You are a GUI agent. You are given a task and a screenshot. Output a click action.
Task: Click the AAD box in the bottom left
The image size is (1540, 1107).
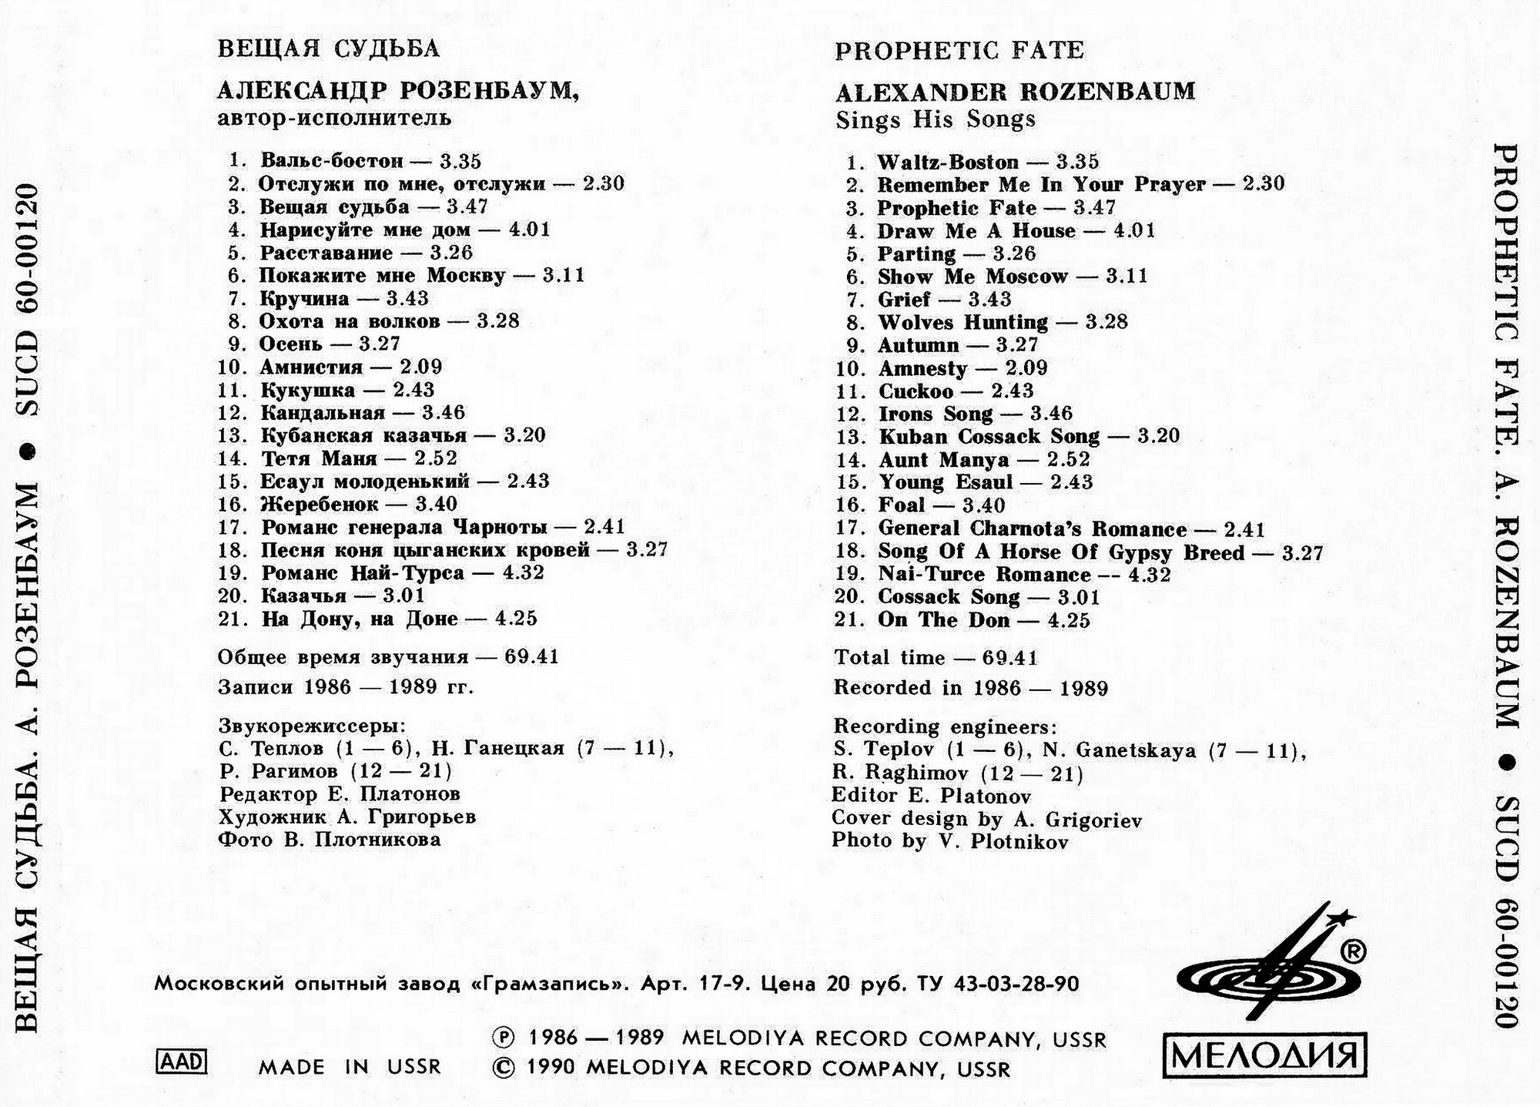[182, 1062]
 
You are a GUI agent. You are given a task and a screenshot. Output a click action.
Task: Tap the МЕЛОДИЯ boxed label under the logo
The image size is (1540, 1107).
[1264, 1055]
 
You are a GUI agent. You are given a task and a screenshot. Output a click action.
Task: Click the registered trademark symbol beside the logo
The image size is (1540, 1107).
[1353, 952]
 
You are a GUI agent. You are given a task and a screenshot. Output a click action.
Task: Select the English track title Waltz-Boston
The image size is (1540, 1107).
[947, 162]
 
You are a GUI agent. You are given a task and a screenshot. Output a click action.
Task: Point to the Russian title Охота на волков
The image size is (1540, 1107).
[350, 321]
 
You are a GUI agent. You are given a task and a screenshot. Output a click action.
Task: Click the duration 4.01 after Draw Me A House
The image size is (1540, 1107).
[1134, 230]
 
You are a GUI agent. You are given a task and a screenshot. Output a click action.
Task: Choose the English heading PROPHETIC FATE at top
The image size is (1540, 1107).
[959, 51]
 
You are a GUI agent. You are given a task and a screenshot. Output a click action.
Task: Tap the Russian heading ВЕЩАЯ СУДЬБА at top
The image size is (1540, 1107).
[329, 49]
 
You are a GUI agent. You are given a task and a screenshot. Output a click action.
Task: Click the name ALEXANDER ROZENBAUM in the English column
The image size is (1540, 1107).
[1016, 92]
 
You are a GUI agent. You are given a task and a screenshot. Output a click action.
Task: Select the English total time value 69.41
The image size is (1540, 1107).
[1010, 658]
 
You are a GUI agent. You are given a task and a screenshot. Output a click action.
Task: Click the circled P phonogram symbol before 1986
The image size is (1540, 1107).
[502, 1038]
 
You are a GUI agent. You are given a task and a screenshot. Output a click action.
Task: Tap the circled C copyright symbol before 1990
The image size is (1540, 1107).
[502, 1068]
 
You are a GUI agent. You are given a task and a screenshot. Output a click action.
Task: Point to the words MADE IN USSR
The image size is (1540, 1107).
[350, 1067]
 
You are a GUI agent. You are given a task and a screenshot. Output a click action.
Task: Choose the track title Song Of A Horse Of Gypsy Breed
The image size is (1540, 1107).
[1061, 552]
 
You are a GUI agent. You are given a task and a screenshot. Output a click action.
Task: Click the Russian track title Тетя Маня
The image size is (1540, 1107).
[319, 458]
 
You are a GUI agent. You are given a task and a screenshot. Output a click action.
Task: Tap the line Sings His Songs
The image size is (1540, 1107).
[936, 119]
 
